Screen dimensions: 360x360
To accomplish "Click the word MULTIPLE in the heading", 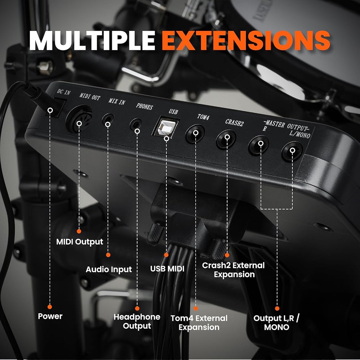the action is tap(92, 40).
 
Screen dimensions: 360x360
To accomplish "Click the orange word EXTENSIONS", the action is tap(246, 40).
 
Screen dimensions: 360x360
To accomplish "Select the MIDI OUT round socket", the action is tap(79, 119).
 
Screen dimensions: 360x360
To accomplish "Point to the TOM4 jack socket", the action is tap(195, 134).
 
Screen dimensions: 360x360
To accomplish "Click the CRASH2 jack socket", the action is tap(226, 139).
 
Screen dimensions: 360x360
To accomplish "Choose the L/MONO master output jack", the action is tap(292, 151).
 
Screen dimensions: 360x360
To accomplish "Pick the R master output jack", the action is tap(259, 145).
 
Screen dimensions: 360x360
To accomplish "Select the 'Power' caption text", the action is tap(50, 316).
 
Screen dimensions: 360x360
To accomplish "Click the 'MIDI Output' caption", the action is tap(80, 242).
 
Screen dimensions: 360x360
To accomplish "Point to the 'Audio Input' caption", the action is tap(109, 269).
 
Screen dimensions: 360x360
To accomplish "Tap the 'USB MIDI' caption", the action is tap(167, 269).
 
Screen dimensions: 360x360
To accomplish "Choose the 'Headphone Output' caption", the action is tap(137, 321).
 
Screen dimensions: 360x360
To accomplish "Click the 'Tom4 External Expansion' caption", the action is tap(199, 323).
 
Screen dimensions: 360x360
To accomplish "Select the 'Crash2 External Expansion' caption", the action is tap(233, 270).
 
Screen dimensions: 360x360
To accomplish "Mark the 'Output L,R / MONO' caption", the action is tap(276, 323).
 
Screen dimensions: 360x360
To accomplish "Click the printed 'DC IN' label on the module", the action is tap(64, 92).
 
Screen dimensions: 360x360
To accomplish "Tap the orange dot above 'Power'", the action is tap(50, 307).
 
